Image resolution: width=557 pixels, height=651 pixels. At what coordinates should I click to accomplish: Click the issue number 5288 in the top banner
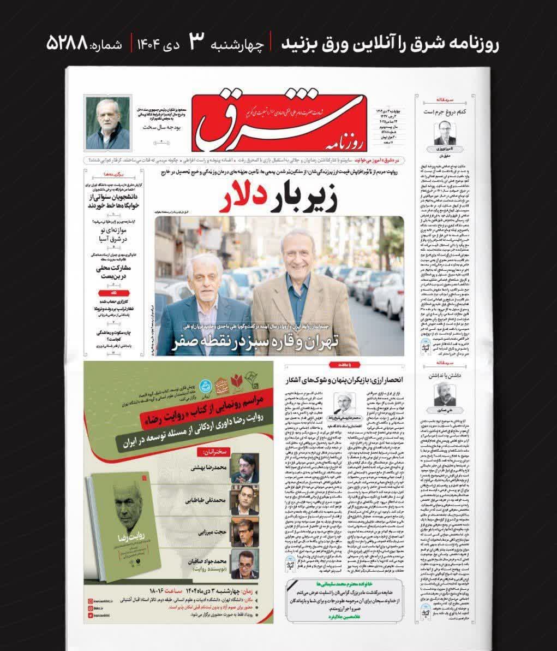pos(67,42)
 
